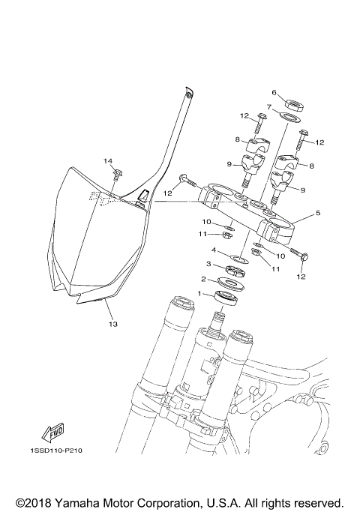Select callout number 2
click(202, 278)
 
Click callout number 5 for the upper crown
click(318, 213)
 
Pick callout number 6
click(274, 92)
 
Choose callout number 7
click(268, 106)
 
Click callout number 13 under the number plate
click(113, 325)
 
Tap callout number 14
click(108, 161)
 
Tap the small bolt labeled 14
click(118, 175)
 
